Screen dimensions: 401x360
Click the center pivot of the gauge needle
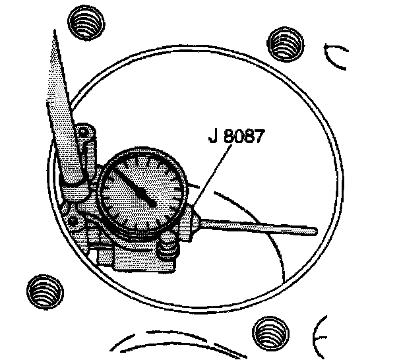tap(152, 202)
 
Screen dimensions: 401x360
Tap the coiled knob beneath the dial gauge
tap(168, 249)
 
